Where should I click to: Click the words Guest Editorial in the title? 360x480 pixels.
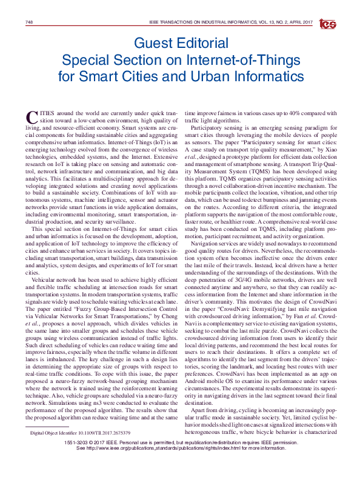(x=181, y=44)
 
